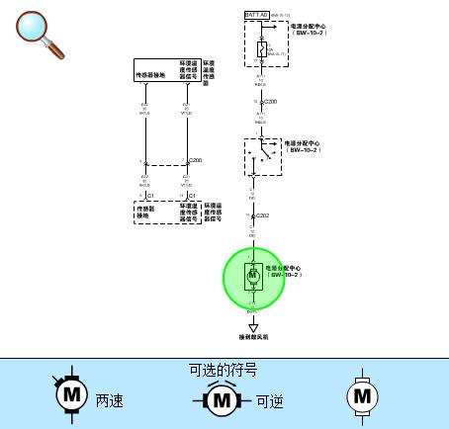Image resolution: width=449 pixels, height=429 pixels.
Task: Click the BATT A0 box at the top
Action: (256, 17)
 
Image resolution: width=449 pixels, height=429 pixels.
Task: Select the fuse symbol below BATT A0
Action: (260, 48)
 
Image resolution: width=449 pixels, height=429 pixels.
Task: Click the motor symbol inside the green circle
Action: (252, 274)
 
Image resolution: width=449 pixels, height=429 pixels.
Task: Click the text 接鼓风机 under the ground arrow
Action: (253, 338)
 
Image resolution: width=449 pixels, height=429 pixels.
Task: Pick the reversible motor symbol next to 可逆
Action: (223, 400)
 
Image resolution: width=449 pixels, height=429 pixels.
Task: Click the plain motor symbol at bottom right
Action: (362, 395)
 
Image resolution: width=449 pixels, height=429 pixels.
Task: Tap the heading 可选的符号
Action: (224, 370)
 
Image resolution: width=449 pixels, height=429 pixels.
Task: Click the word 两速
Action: (110, 401)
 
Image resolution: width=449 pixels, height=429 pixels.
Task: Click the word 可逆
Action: (270, 401)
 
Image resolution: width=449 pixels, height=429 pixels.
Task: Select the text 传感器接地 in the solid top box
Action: (155, 73)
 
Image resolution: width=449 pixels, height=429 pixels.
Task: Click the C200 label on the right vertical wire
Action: (270, 102)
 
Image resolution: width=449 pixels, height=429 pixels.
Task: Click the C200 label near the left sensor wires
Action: (195, 159)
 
